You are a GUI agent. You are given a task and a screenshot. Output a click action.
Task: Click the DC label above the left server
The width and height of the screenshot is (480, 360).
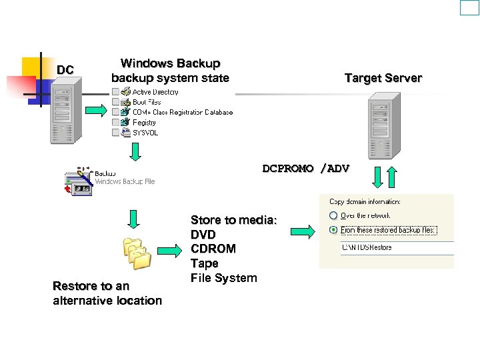coord(65,70)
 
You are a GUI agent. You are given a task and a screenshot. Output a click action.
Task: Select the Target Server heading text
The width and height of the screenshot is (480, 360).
coord(383,78)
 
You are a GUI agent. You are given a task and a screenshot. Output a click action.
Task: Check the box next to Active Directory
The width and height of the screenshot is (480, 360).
coord(115,92)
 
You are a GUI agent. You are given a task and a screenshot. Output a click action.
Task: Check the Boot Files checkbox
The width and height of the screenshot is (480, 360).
coord(115,102)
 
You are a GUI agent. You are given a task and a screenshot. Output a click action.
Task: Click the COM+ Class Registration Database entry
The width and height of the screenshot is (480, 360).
coord(182,112)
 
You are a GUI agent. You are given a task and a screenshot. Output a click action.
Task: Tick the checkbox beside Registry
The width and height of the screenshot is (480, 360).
coord(115,123)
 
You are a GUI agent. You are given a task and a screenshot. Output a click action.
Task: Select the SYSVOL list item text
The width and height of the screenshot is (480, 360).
coord(145,133)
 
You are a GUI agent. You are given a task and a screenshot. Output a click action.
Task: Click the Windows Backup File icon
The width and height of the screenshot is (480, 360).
coord(78,181)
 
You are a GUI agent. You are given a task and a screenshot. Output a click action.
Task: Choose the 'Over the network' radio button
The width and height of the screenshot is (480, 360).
coord(332,215)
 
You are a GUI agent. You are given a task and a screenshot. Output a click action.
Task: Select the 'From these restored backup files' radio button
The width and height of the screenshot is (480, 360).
coord(332,230)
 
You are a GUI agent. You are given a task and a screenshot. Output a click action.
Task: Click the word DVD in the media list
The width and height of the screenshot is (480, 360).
coord(203,235)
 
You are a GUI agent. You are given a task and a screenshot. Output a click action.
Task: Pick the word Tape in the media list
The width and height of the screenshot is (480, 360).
coord(204,263)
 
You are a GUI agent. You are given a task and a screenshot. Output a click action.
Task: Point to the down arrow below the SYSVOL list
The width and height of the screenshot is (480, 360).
coord(135,152)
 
